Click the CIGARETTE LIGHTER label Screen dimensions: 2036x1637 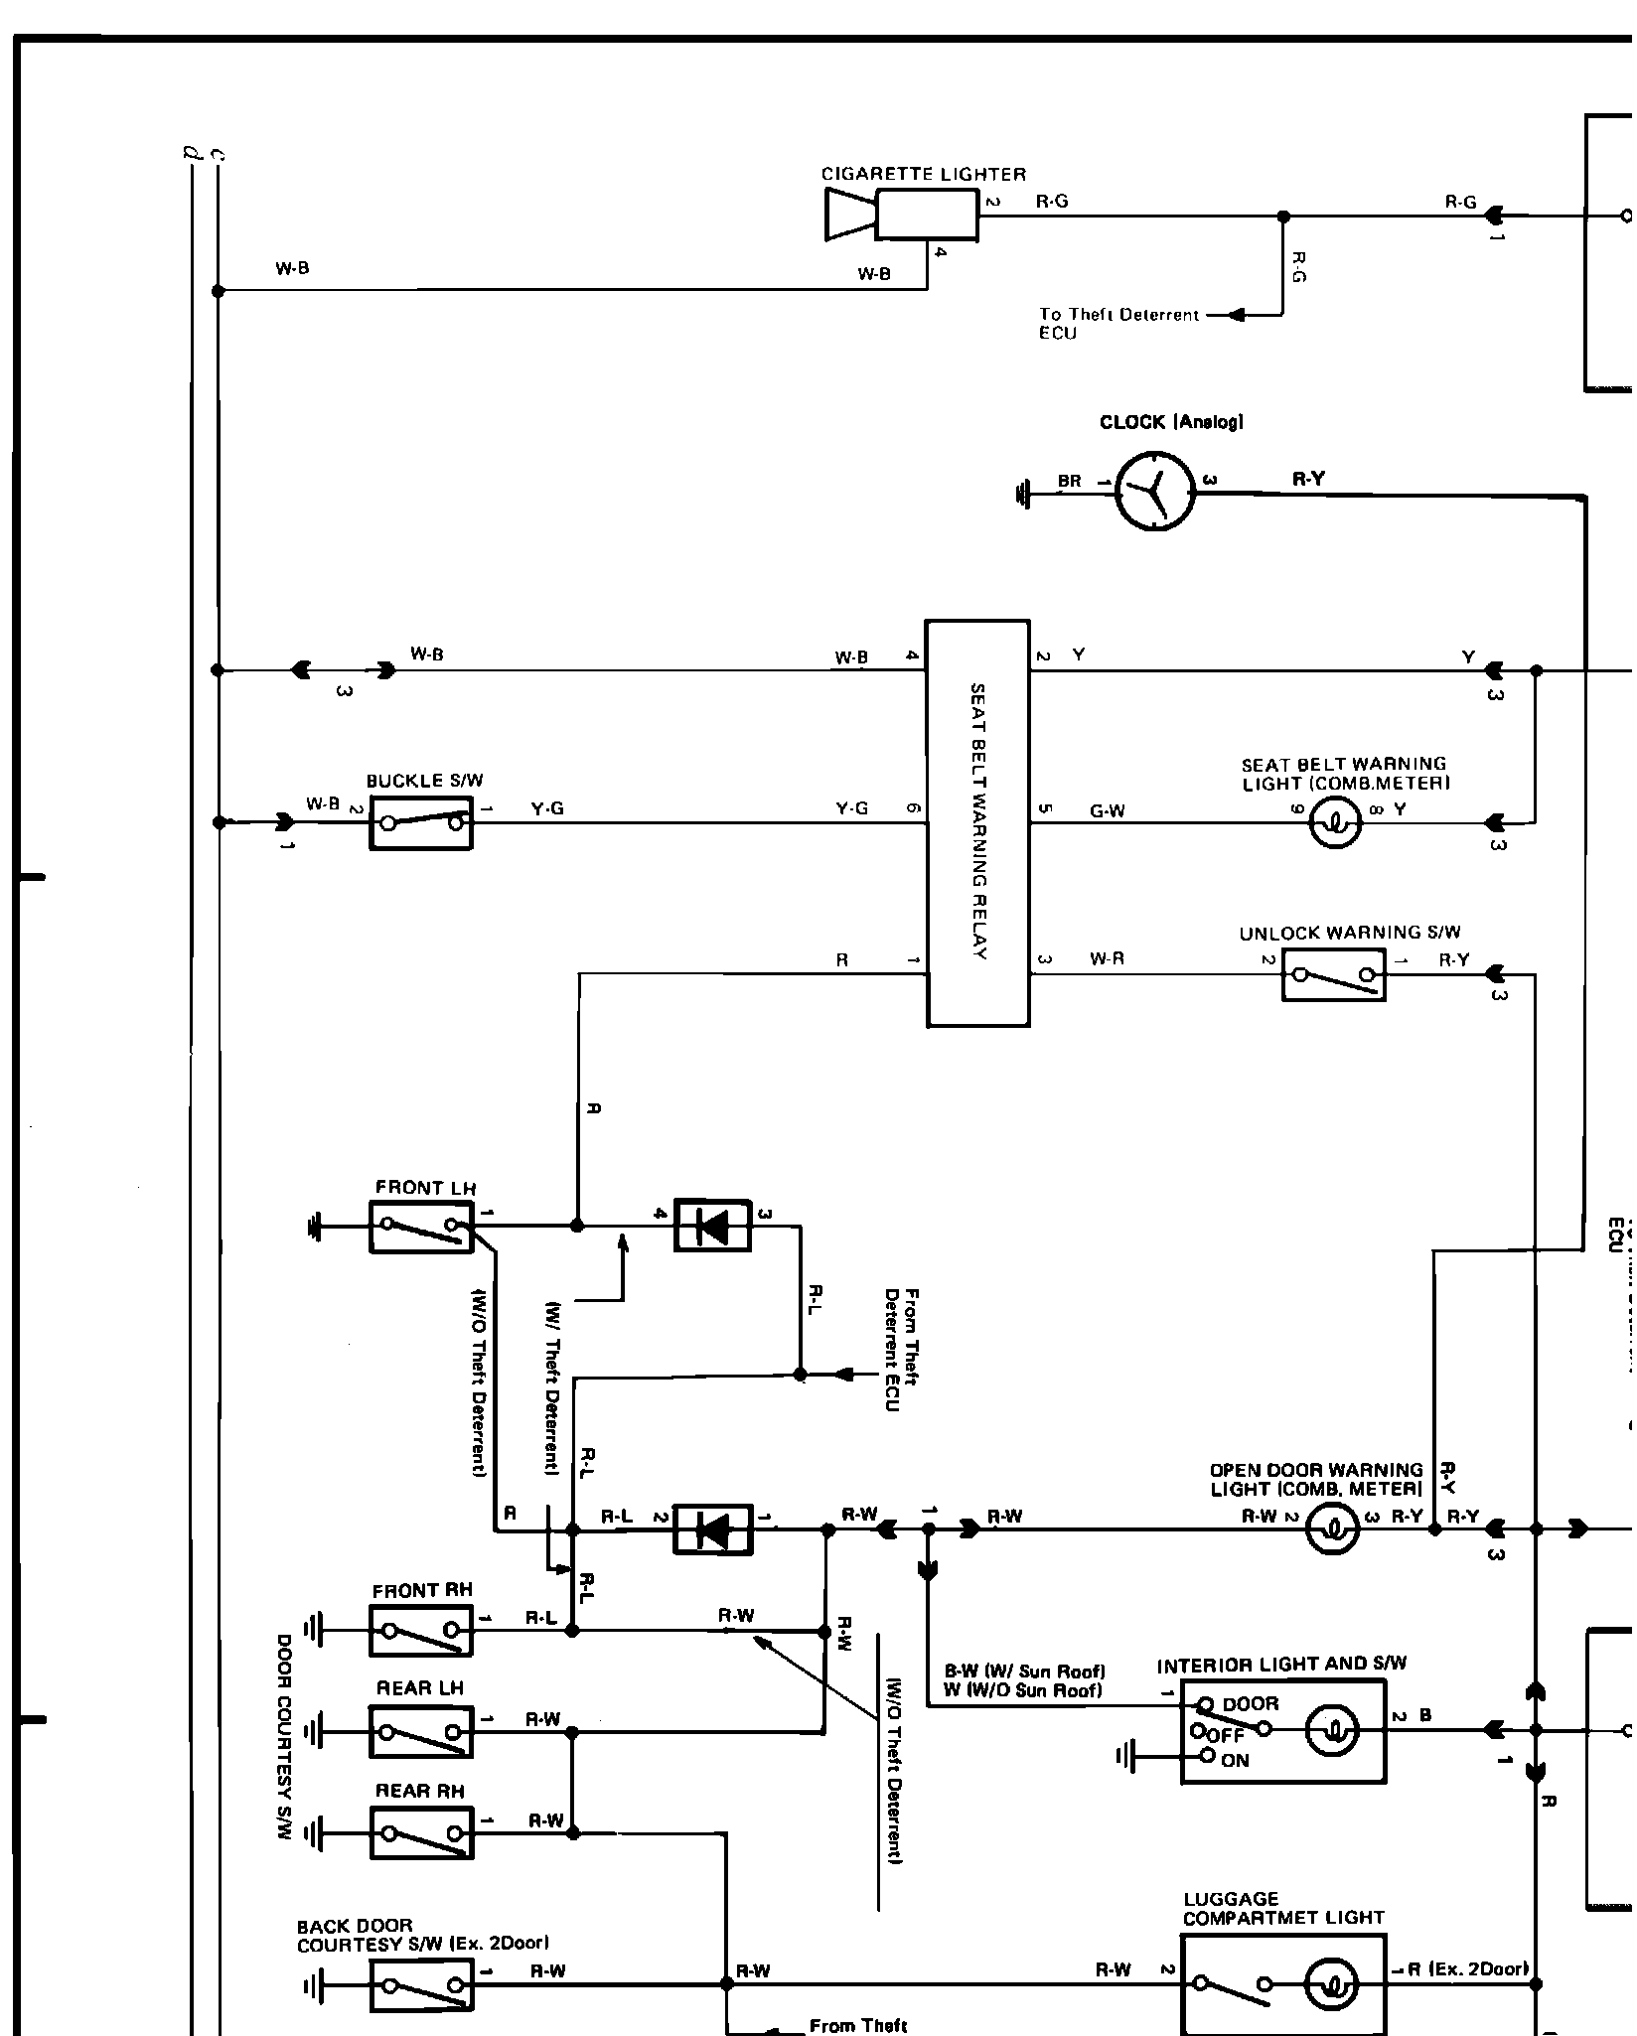coord(923,175)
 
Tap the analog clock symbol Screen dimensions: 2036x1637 coord(1155,491)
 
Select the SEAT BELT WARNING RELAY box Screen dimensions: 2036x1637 coord(977,822)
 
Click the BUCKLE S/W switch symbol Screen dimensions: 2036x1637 coord(421,822)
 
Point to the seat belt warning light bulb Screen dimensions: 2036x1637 coord(1335,823)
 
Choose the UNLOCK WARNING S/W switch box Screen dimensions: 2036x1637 coord(1333,974)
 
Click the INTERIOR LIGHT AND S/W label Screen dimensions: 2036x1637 coord(1281,1664)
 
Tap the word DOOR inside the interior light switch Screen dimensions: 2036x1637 coord(1251,1704)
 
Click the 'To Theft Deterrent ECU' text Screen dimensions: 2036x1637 coord(1118,324)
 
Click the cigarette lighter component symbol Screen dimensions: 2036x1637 coord(902,215)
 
